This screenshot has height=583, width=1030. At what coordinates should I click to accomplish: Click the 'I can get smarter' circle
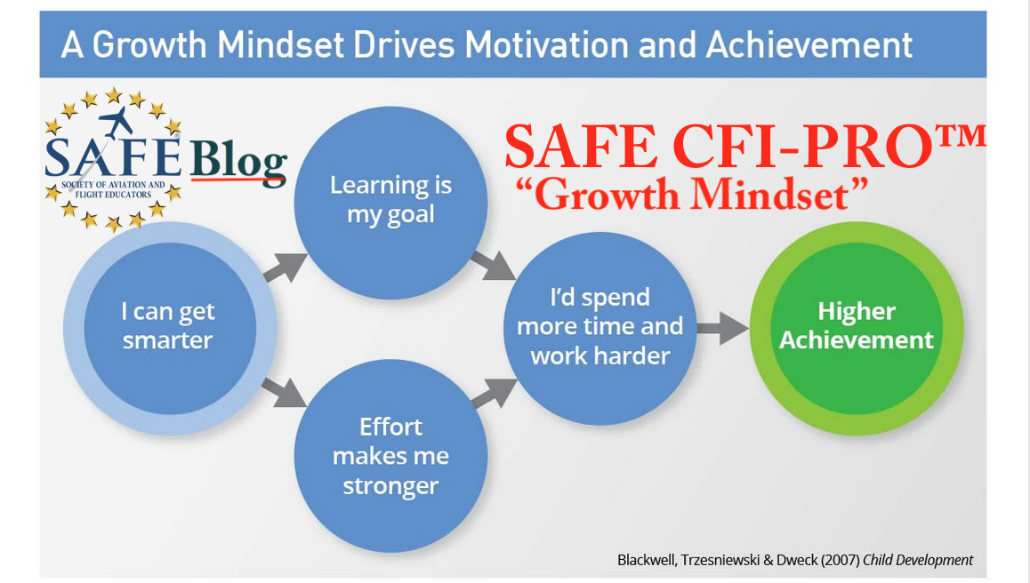(170, 328)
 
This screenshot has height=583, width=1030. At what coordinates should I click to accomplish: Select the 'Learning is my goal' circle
(390, 203)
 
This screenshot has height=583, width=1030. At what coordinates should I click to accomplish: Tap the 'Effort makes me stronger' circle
(390, 456)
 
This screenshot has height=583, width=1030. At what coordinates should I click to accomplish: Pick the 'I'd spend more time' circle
(599, 328)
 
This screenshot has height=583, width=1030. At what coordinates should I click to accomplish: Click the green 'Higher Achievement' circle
(857, 328)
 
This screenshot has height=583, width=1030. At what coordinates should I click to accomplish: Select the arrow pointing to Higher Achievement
(722, 328)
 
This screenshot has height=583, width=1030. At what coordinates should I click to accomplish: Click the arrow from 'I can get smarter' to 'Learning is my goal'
(286, 267)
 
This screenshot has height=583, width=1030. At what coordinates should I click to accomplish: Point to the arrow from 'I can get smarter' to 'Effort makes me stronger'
(284, 392)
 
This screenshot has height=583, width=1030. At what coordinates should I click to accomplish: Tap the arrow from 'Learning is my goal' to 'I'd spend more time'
(493, 266)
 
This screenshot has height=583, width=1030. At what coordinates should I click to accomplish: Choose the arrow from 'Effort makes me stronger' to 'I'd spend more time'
(494, 393)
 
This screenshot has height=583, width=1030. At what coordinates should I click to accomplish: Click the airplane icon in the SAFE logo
(116, 121)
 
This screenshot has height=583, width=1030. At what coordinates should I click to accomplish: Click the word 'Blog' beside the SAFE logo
(238, 161)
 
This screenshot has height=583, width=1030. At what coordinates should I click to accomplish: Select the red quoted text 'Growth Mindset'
(692, 195)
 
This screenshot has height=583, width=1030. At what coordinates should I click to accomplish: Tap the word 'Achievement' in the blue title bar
(809, 44)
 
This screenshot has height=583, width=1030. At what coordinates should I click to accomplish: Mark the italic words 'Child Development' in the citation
(918, 560)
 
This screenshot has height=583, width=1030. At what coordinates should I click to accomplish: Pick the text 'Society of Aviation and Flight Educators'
(113, 189)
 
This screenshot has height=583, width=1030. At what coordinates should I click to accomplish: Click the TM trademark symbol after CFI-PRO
(960, 137)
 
